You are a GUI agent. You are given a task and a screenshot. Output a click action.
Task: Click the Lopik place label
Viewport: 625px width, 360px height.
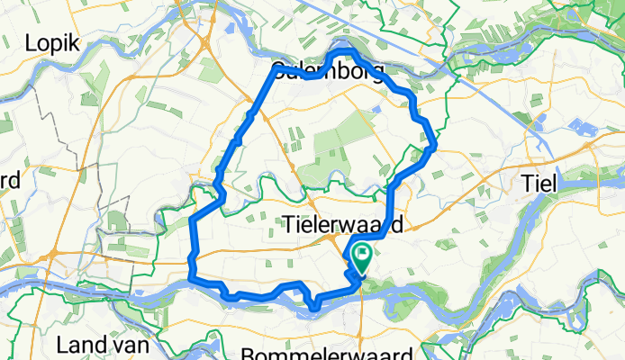(53, 42)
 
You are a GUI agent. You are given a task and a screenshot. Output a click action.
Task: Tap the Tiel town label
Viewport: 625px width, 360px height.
(541, 184)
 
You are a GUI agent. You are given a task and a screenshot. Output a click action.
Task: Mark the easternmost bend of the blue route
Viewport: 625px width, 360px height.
(435, 143)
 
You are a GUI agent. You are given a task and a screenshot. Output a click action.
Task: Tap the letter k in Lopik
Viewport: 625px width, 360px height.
(77, 42)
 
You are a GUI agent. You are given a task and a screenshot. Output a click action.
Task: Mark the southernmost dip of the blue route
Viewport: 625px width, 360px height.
(313, 310)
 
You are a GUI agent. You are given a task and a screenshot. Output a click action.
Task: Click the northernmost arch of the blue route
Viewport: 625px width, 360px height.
(345, 55)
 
